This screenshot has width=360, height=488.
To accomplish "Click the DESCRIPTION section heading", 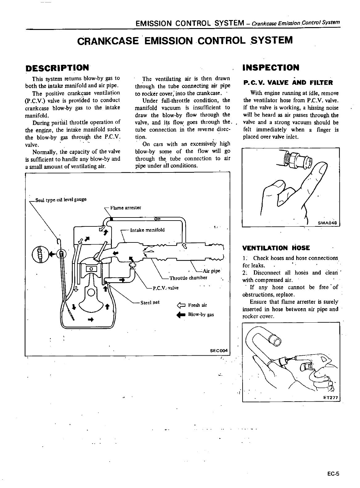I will (x=57, y=68).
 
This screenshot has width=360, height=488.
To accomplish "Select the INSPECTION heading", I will (x=271, y=68).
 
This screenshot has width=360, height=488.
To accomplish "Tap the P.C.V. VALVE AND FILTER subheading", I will (x=288, y=83).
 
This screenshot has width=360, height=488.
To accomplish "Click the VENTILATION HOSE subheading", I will (x=276, y=248).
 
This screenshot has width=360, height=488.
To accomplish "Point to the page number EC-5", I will (x=333, y=474).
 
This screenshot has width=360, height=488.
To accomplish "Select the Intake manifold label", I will (x=147, y=230).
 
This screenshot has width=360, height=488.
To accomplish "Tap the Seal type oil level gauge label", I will (x=61, y=200).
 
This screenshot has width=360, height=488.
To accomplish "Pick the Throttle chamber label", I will (x=188, y=278).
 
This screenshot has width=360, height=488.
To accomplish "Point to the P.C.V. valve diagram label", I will (x=166, y=288).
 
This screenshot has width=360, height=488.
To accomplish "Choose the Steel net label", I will (x=150, y=302).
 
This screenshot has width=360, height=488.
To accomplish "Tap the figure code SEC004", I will (x=218, y=351).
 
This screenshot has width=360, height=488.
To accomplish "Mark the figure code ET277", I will (x=330, y=398).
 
